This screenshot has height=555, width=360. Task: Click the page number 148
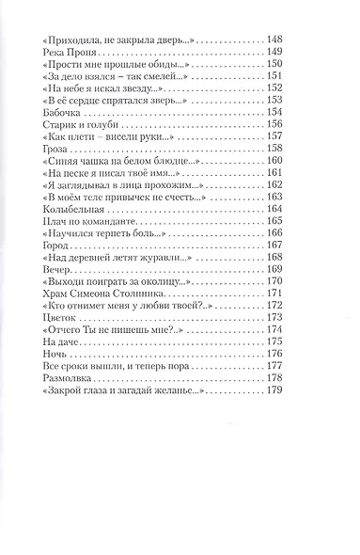point(275,40)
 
